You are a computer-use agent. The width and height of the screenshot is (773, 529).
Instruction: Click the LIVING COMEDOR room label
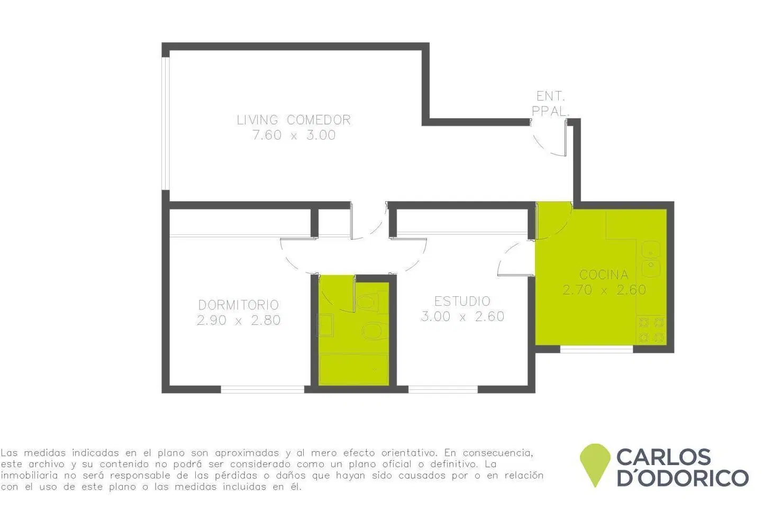(294, 120)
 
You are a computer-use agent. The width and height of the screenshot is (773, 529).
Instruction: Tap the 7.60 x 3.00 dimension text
(294, 135)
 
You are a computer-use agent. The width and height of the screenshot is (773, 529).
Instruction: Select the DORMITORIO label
(239, 305)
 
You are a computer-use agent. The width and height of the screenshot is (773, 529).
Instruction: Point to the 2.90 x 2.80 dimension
(239, 320)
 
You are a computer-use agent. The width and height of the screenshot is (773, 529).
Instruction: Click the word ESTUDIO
(462, 301)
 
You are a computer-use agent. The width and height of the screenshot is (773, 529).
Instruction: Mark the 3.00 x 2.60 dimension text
(462, 316)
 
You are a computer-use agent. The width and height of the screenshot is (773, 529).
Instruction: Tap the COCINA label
(604, 275)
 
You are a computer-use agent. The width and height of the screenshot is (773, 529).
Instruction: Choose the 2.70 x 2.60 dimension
(604, 290)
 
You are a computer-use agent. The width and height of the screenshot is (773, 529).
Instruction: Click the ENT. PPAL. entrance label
(550, 103)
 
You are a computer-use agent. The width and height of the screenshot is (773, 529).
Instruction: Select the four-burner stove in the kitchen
(651, 330)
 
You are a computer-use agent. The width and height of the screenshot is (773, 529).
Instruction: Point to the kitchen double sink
(651, 259)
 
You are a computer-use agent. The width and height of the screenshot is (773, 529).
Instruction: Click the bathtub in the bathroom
(354, 369)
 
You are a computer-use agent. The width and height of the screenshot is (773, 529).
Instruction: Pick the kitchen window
(596, 350)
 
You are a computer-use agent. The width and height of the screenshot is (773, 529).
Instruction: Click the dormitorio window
(262, 389)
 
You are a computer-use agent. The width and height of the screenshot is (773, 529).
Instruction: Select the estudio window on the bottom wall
(443, 389)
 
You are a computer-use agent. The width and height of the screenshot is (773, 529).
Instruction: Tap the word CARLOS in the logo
(663, 457)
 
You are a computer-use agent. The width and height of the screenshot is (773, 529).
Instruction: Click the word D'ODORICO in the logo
(683, 478)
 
